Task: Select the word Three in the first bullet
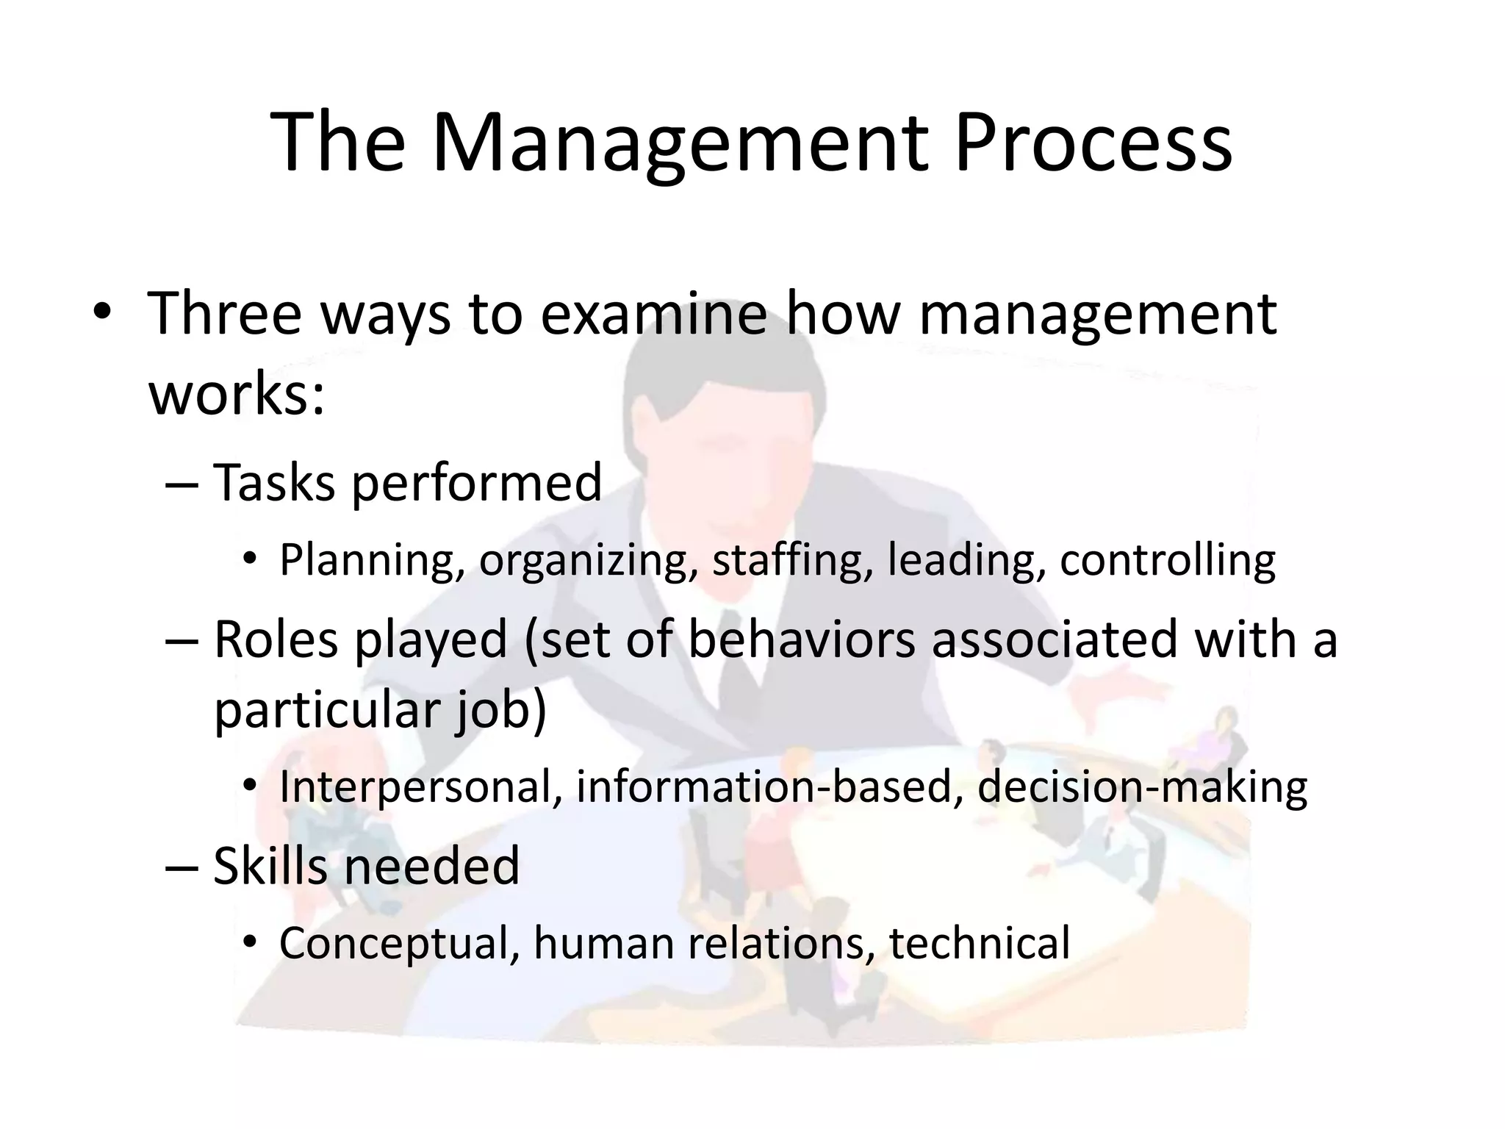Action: coord(225,314)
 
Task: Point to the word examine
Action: coord(654,314)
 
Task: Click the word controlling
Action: coord(1167,559)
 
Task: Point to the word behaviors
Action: coord(802,639)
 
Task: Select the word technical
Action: coord(979,942)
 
